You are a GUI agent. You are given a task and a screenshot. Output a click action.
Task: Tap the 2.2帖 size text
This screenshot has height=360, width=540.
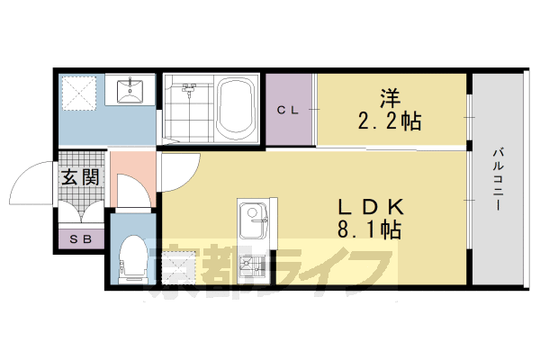pyautogui.click(x=388, y=119)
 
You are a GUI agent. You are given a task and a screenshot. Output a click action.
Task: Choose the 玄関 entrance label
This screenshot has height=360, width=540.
pyautogui.click(x=79, y=176)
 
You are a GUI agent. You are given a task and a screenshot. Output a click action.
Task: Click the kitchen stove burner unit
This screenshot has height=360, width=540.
pyautogui.click(x=252, y=266)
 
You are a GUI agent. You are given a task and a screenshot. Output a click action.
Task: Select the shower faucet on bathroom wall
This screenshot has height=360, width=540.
pyautogui.click(x=189, y=88)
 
